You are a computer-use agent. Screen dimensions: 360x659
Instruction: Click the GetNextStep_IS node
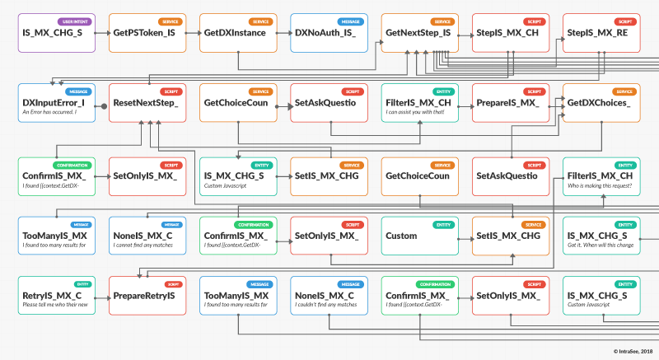(x=418, y=34)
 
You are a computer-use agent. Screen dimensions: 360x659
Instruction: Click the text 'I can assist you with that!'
(x=415, y=112)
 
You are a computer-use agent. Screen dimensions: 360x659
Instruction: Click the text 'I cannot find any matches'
(x=143, y=245)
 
